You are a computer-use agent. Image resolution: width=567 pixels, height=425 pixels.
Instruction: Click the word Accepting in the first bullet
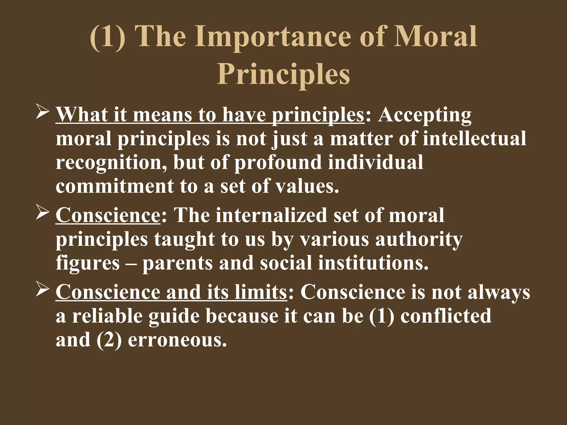point(425,115)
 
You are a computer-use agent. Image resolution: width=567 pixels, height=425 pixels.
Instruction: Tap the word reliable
point(108,316)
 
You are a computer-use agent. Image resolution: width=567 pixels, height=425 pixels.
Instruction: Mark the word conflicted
point(446,316)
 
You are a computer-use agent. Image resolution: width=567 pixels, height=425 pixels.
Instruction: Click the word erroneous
point(177,340)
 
